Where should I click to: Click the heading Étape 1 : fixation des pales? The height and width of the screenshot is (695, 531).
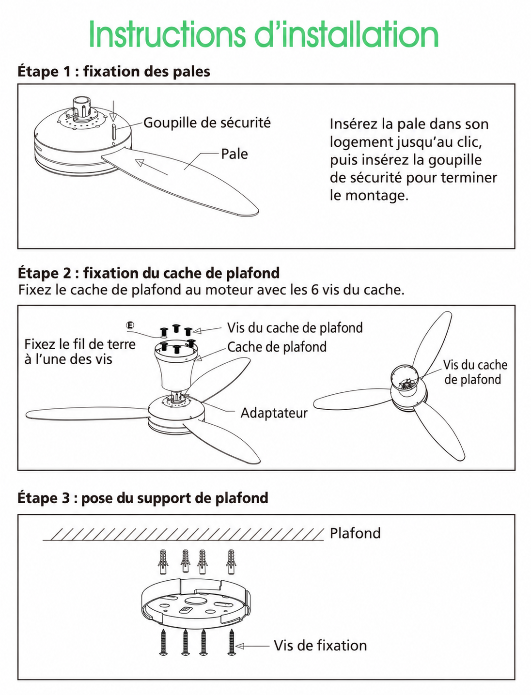point(114,71)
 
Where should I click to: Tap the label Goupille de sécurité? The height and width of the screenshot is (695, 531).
point(207,123)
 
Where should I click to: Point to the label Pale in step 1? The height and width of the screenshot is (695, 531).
point(234,154)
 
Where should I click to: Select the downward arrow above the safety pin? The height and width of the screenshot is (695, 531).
point(113,111)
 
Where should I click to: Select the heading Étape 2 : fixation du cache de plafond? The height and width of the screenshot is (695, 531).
point(149,273)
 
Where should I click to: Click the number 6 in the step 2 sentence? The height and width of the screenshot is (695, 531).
point(314,290)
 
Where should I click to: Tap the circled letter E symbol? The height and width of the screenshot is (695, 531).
point(130,325)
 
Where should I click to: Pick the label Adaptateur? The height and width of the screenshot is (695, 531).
point(274,413)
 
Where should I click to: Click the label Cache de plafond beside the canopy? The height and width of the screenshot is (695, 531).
point(277,347)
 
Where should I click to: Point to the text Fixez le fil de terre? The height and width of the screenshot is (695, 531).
point(80,344)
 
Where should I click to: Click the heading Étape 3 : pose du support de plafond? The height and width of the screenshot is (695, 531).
point(143,498)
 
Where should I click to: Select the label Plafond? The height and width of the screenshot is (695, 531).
point(355,533)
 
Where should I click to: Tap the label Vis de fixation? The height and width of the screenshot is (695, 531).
point(320,646)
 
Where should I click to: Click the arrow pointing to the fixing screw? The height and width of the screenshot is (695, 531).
point(252,646)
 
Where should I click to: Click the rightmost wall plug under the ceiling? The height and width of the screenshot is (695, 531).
point(231,562)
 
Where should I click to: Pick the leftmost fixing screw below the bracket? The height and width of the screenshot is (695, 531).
point(164,642)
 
